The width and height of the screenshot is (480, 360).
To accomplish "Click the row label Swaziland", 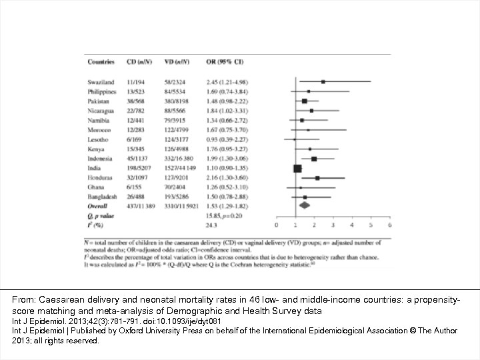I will [x=101, y=81].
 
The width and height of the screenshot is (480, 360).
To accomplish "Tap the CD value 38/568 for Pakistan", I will [x=137, y=101].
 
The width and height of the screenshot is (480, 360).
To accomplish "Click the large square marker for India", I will [x=298, y=169].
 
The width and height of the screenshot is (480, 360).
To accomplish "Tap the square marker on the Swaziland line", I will [x=323, y=81].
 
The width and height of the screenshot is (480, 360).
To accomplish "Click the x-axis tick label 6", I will [x=390, y=226].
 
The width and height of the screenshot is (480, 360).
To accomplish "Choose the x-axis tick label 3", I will [x=333, y=226].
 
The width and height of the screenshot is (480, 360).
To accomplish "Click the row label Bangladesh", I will [x=103, y=197].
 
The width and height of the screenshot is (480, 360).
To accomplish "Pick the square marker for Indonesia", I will [x=314, y=159].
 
